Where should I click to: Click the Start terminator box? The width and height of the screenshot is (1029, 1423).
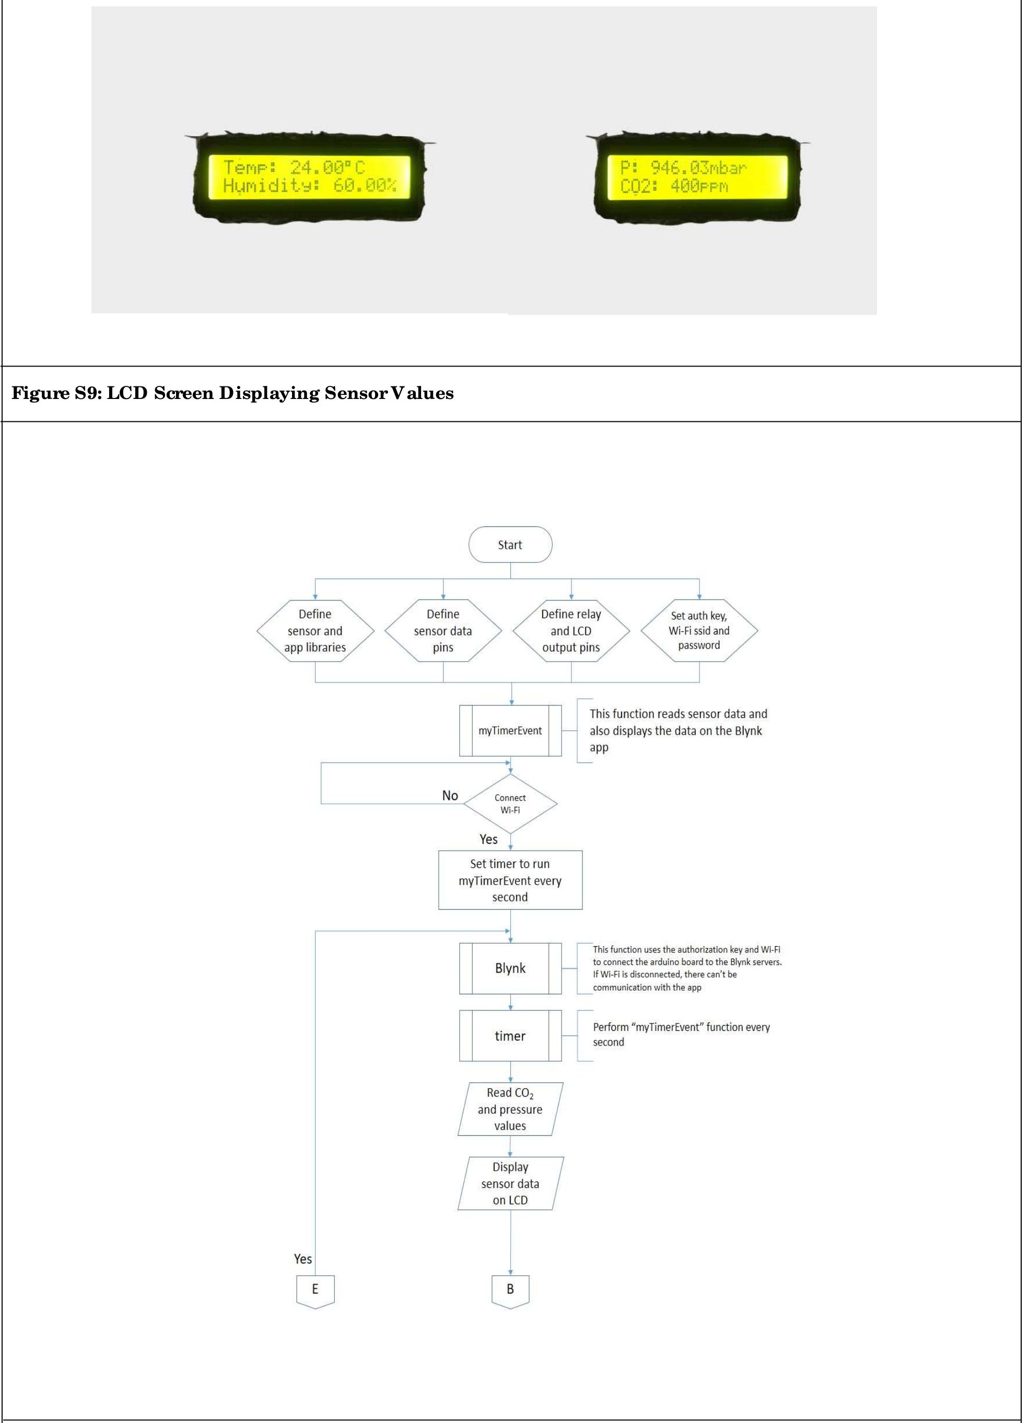[510, 545]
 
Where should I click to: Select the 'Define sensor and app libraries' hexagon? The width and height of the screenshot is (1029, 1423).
[315, 631]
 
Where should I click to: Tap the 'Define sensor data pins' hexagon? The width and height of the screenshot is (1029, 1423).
[443, 631]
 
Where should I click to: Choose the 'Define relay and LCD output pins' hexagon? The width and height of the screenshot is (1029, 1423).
[571, 631]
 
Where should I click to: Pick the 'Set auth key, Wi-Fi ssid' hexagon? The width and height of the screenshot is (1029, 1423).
[699, 631]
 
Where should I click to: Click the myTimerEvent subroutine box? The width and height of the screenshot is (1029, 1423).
[510, 731]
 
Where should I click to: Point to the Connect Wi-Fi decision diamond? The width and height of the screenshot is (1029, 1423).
[510, 804]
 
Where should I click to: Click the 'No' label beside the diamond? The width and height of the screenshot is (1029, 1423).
[450, 796]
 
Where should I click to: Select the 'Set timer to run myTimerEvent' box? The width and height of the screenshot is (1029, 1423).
[510, 880]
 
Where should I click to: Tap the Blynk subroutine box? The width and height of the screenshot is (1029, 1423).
[510, 968]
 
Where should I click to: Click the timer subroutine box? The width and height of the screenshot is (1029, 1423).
[510, 1036]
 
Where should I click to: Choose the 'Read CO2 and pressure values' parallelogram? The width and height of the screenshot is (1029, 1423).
[510, 1109]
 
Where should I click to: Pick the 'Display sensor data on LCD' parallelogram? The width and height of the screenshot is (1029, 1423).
[510, 1183]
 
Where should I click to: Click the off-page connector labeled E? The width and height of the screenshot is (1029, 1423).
[315, 1289]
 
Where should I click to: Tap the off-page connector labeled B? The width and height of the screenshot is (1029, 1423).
[510, 1289]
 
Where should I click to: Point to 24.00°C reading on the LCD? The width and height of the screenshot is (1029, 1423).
[327, 168]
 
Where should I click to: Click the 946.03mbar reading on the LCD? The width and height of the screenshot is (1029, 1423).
[698, 168]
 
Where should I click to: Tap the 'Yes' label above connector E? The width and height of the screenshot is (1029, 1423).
[303, 1259]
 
